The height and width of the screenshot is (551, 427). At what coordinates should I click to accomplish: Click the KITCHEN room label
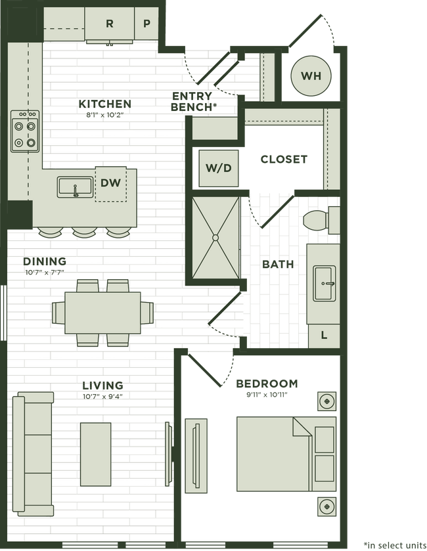(x=104, y=104)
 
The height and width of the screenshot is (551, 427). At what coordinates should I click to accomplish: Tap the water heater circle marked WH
(x=311, y=76)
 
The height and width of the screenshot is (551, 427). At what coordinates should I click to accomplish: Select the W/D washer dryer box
(x=219, y=168)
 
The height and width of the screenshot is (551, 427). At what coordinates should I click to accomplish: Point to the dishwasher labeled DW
(x=111, y=183)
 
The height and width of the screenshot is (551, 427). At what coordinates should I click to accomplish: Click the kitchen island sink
(x=75, y=187)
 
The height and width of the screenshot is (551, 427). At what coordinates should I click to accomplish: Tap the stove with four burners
(x=25, y=131)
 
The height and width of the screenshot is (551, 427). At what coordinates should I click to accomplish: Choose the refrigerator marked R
(x=110, y=24)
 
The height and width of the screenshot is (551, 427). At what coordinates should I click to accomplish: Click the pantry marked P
(x=146, y=24)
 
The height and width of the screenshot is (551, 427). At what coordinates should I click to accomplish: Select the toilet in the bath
(x=321, y=220)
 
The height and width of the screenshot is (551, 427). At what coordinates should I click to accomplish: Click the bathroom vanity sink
(x=325, y=283)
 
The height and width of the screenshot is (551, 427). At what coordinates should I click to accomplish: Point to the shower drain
(x=215, y=238)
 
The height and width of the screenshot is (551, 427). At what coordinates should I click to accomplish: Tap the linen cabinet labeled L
(x=324, y=336)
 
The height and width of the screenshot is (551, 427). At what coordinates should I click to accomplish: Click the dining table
(x=102, y=313)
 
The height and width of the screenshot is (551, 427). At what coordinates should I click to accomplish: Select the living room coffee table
(x=96, y=454)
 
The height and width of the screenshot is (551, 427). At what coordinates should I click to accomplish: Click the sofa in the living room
(x=33, y=454)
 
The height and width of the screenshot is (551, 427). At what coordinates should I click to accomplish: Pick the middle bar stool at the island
(x=85, y=232)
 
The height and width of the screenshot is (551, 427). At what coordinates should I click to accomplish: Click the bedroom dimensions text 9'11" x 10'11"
(x=267, y=395)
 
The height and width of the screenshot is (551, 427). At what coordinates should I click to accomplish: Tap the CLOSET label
(x=284, y=159)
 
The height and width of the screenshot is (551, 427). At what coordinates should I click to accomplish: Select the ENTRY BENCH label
(x=192, y=102)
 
